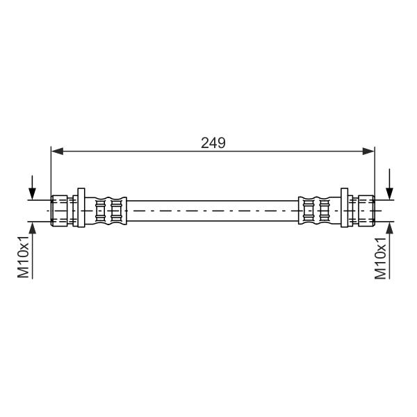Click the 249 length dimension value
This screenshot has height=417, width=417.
(213, 143)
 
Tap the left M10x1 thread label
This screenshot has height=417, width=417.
(23, 256)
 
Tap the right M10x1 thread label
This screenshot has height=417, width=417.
(380, 259)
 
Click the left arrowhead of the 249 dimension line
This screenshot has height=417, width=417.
(57, 152)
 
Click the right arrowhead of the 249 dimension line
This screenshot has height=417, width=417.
(368, 152)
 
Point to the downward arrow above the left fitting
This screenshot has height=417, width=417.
(32, 187)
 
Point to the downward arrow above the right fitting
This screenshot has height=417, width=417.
(390, 183)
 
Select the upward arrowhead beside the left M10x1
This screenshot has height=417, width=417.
(33, 228)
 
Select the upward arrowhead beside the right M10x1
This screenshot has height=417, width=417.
(390, 228)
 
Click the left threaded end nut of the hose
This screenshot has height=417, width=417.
(59, 211)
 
